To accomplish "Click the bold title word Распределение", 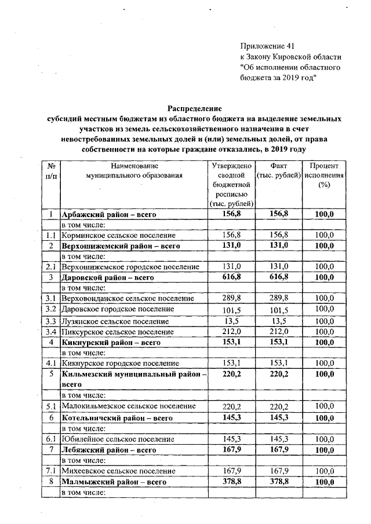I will (x=195, y=108).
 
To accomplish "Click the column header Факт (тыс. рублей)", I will (x=280, y=170).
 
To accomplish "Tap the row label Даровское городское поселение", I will (x=118, y=309).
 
